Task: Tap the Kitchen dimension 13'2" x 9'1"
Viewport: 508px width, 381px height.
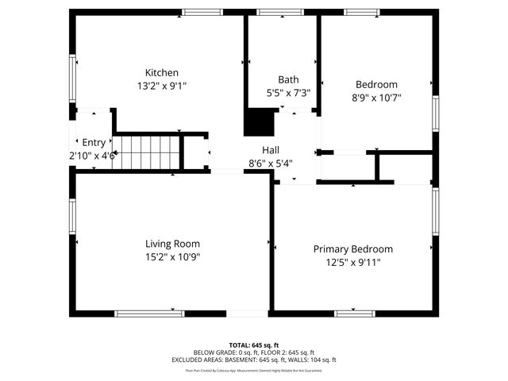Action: tap(161, 85)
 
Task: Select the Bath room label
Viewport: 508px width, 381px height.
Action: tap(287, 79)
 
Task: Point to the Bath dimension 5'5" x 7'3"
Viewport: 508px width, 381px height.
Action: tap(287, 92)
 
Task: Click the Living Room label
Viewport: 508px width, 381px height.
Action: tap(172, 244)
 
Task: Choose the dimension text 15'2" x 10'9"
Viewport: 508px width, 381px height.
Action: tap(172, 256)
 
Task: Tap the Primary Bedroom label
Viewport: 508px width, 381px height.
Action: tap(352, 248)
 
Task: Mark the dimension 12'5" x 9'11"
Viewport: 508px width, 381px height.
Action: tap(352, 261)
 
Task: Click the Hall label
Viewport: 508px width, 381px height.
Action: tap(271, 149)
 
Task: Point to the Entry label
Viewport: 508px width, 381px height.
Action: tap(93, 142)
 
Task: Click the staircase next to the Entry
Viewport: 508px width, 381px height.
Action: tap(146, 152)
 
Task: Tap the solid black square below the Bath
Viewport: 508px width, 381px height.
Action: tap(257, 122)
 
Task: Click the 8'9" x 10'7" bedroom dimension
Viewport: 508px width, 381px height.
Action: tap(376, 98)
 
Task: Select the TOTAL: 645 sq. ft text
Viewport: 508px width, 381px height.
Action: tap(254, 345)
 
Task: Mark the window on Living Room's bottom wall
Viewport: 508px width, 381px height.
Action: tap(150, 314)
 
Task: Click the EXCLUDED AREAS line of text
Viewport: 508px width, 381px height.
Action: tap(254, 360)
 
